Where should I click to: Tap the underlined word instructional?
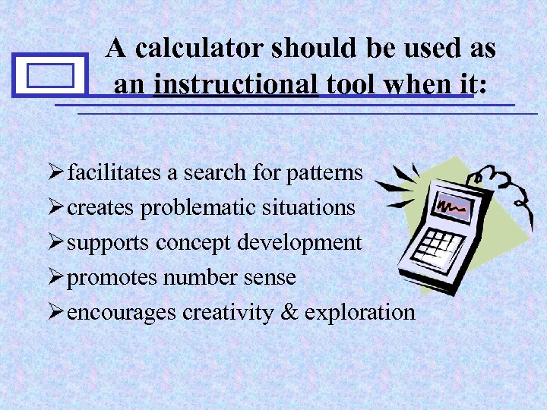click(236, 84)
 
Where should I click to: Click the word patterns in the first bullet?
click(324, 173)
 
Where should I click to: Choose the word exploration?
click(359, 312)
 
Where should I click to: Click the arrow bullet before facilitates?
click(56, 173)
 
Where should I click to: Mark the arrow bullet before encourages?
click(56, 312)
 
